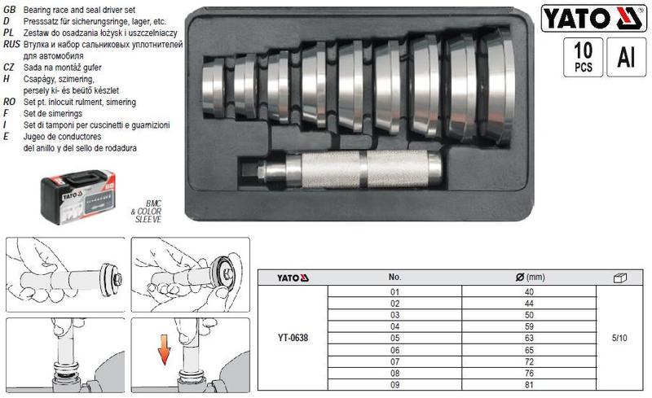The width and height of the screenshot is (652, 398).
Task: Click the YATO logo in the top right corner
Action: (594, 18)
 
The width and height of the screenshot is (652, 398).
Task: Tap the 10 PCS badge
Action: (583, 57)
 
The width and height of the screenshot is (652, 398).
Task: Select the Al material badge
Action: (626, 57)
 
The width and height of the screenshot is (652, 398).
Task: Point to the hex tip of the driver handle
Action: (262, 171)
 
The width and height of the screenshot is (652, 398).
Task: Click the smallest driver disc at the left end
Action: (214, 88)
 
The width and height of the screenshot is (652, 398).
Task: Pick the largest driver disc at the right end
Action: (496, 86)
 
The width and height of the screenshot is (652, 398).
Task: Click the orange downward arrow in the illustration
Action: (165, 349)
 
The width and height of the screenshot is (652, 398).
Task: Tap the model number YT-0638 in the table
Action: (293, 338)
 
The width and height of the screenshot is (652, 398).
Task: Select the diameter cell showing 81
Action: (529, 385)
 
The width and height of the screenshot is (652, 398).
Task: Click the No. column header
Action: (394, 277)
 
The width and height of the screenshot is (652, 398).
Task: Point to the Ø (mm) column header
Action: (530, 277)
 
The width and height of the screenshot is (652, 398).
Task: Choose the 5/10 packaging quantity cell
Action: (619, 338)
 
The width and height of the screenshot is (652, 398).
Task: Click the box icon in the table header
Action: (620, 278)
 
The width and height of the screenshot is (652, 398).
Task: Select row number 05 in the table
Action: (394, 338)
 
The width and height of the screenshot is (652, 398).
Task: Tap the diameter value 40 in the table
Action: (529, 292)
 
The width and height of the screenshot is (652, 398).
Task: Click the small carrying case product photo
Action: (77, 197)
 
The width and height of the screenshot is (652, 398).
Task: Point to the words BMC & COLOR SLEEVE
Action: (147, 211)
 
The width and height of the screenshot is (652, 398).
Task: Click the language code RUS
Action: (11, 44)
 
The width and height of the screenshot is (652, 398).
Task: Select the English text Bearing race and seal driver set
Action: (79, 10)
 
